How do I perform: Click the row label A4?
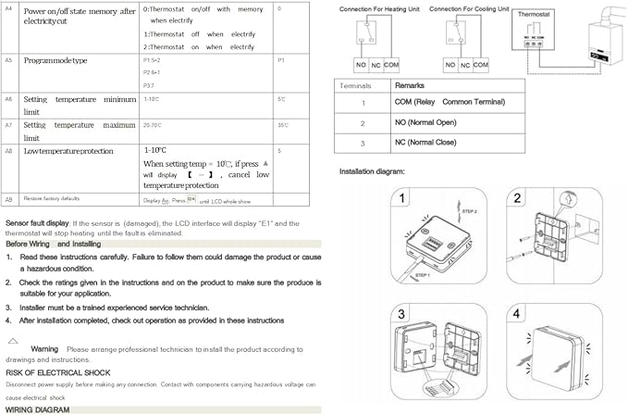coord(8,7)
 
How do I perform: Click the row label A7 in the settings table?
coord(8,123)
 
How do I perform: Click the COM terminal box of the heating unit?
coord(391,65)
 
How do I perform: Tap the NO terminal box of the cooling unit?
coord(450,65)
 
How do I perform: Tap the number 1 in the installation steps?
coord(402,199)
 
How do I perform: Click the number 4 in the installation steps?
coord(516,312)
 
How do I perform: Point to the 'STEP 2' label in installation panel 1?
coord(469,212)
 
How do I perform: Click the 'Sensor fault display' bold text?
coord(37,223)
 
